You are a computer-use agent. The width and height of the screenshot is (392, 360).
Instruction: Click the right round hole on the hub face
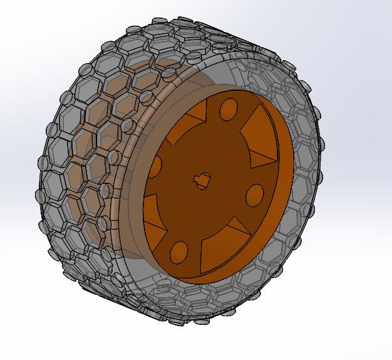click(255, 195)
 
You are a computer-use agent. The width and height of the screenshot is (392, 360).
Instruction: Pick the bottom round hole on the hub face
click(178, 251)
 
